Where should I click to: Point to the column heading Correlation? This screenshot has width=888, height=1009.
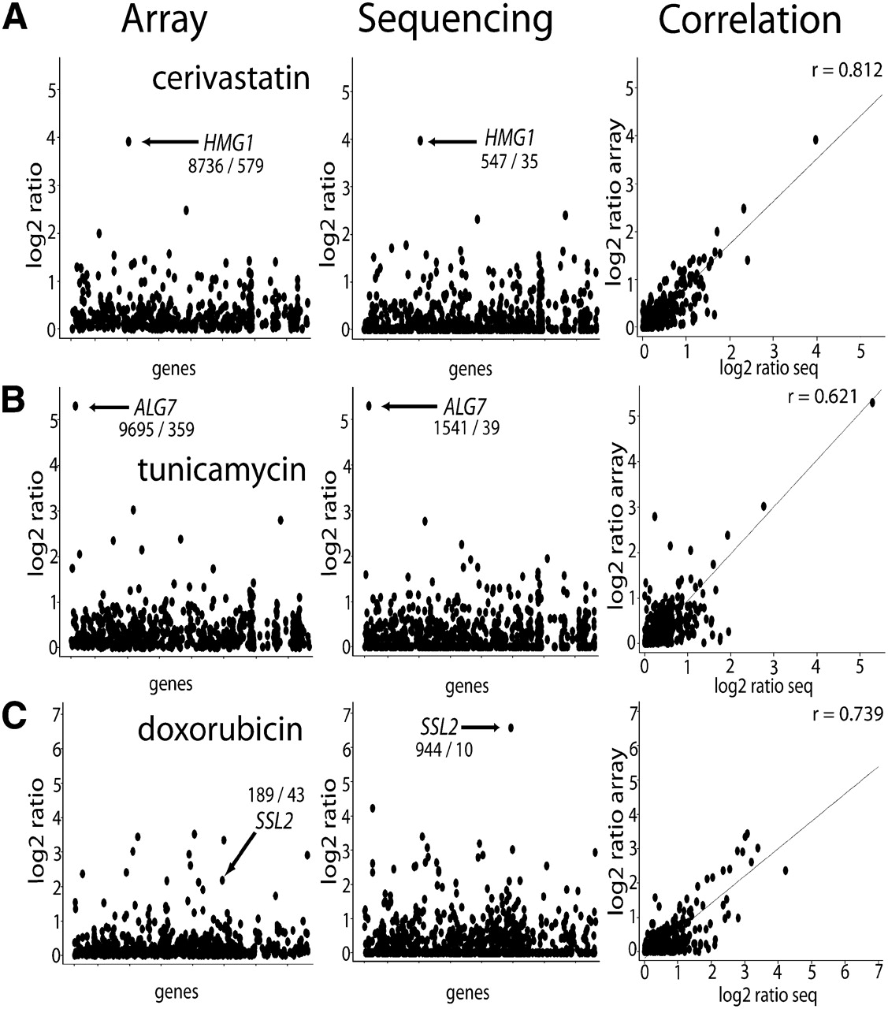click(x=749, y=21)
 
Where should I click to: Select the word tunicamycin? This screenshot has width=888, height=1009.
click(x=221, y=470)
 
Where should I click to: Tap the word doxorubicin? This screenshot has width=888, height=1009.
click(x=220, y=728)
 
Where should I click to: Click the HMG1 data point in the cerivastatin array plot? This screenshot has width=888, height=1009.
click(x=128, y=141)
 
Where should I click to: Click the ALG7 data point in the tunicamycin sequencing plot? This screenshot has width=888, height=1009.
click(x=369, y=406)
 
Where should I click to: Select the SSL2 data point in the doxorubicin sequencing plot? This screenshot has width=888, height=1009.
click(x=511, y=728)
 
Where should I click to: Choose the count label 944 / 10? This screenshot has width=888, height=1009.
click(x=444, y=748)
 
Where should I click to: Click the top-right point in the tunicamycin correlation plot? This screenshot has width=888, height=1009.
click(x=872, y=402)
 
